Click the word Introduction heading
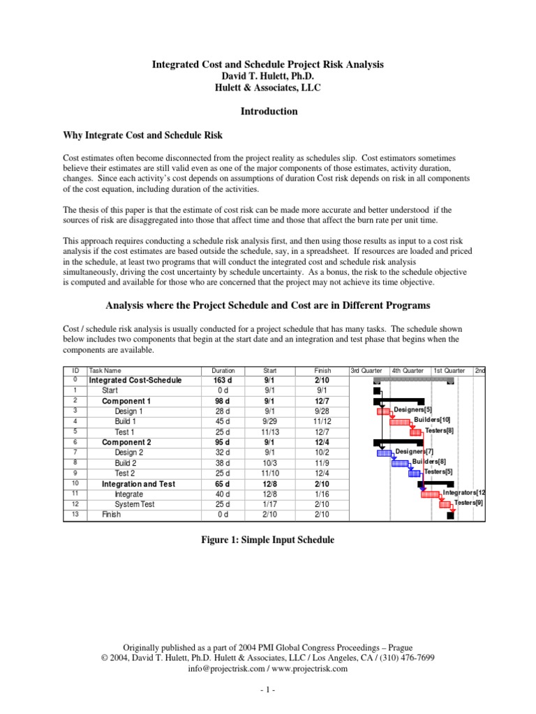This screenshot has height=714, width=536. pyautogui.click(x=269, y=112)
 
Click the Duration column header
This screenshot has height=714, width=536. pyautogui.click(x=223, y=371)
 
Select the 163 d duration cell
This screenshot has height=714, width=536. pyautogui.click(x=223, y=381)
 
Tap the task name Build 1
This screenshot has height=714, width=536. pyautogui.click(x=126, y=421)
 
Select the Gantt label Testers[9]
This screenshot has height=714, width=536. pyautogui.click(x=468, y=503)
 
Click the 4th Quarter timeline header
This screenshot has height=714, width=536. pyautogui.click(x=408, y=371)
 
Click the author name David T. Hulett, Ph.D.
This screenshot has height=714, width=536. pyautogui.click(x=269, y=76)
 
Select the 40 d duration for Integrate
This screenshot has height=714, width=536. pyautogui.click(x=223, y=494)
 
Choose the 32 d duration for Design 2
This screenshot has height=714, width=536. pyautogui.click(x=223, y=452)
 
